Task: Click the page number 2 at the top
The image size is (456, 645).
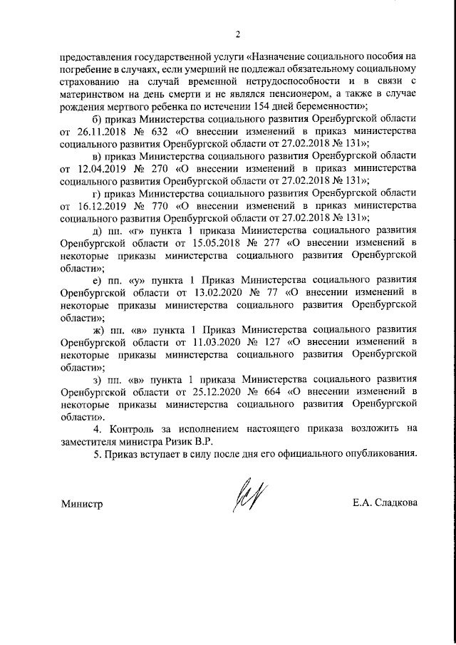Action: tap(239, 33)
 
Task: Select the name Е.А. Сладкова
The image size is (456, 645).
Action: tap(384, 504)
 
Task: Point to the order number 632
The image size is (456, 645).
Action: tap(160, 131)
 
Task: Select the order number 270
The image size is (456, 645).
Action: tap(160, 169)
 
